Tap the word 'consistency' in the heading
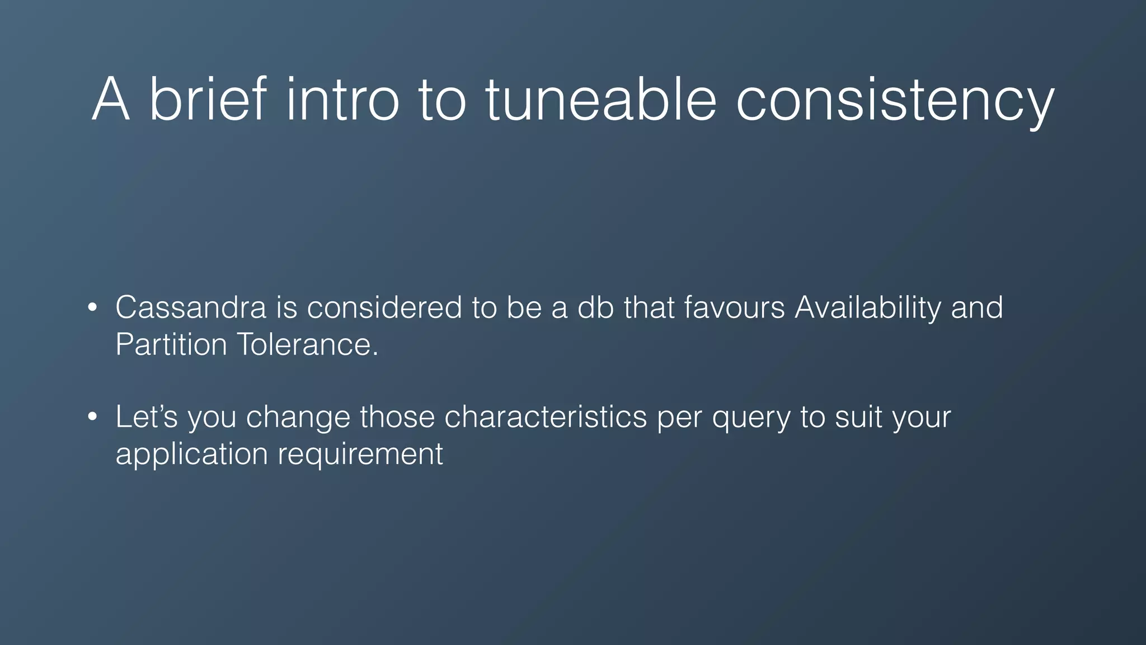pos(894,101)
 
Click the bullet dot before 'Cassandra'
pos(93,307)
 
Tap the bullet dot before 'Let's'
pos(93,417)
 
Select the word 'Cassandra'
pos(191,307)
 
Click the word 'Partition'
pos(171,344)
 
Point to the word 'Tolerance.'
pos(308,344)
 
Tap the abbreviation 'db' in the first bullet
pos(596,307)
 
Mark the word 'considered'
pos(384,307)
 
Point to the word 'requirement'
pos(360,454)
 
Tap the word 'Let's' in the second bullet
pos(147,417)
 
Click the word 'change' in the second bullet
pos(298,417)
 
